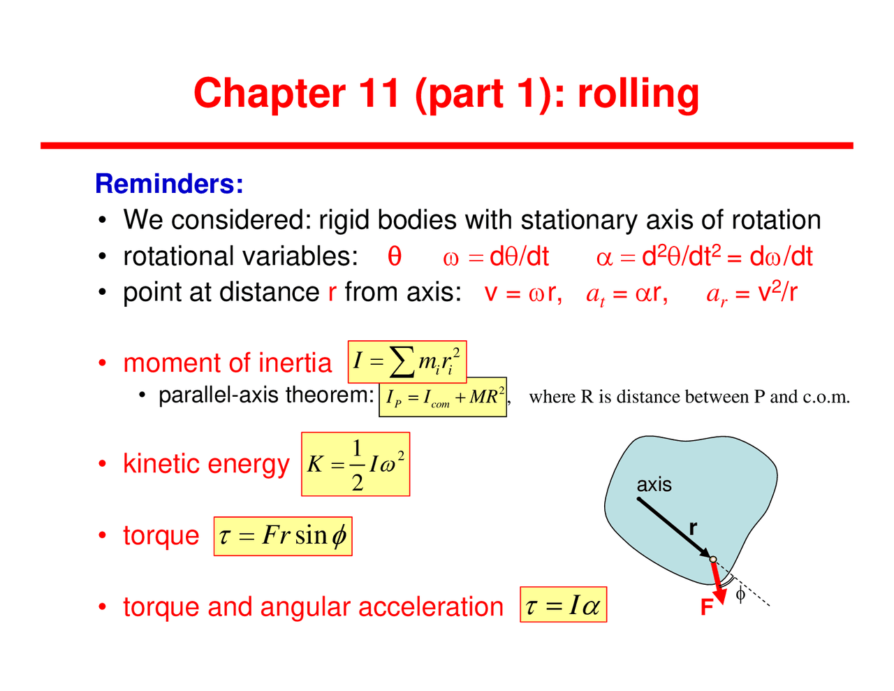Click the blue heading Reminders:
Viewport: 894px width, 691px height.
click(169, 184)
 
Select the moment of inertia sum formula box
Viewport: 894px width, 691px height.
click(407, 362)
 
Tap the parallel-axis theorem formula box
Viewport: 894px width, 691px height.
click(443, 398)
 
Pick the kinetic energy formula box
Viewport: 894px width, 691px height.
click(356, 465)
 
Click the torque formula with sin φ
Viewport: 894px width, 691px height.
click(283, 537)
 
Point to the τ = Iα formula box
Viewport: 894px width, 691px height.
click(563, 605)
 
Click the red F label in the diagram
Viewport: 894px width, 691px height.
click(707, 608)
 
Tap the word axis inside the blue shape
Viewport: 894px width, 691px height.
click(654, 484)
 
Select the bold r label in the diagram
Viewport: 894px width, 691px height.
click(693, 528)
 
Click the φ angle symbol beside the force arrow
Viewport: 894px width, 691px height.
click(740, 595)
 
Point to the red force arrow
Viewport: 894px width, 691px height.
click(717, 581)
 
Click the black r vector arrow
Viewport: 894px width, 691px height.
click(674, 528)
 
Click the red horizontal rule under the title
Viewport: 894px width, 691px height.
click(447, 145)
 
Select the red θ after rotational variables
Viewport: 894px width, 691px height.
click(395, 256)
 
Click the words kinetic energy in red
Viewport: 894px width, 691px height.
click(206, 464)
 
